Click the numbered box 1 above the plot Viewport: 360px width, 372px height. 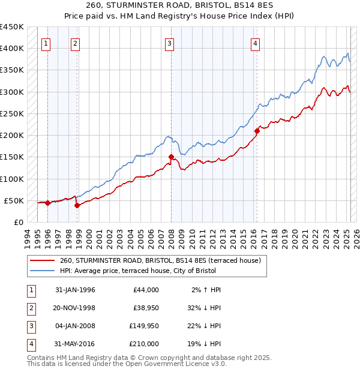click(46, 43)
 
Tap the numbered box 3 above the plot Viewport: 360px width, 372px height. click(170, 43)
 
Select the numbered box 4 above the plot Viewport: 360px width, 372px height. click(256, 43)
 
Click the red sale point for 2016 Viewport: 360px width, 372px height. click(257, 130)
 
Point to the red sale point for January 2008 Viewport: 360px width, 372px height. click(171, 157)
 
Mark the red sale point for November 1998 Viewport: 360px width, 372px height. click(77, 205)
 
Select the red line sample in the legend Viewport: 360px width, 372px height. click(42, 261)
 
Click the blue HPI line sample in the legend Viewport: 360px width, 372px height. click(42, 271)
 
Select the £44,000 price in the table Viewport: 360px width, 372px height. click(145, 290)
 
